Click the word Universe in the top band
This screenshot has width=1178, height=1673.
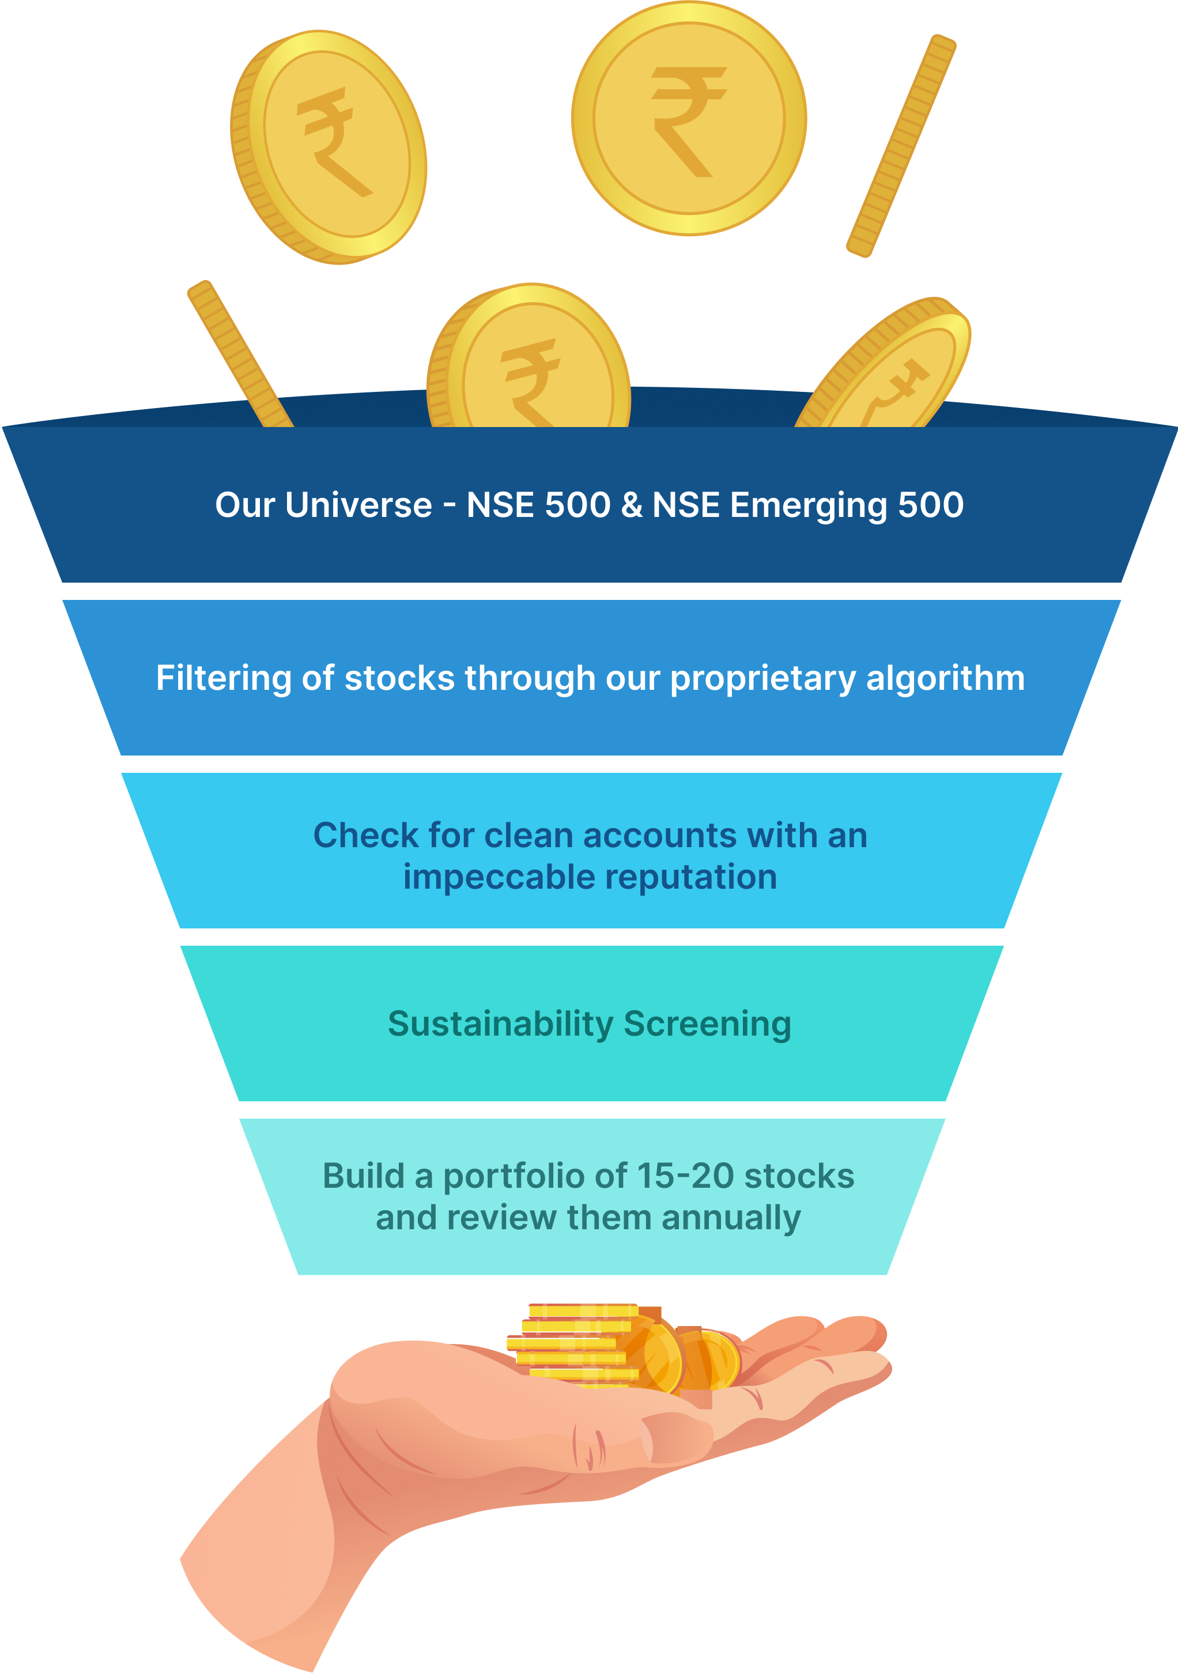[x=358, y=505]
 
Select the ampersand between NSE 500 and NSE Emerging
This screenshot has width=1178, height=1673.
[x=632, y=505]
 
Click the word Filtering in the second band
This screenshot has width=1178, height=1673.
[x=223, y=678]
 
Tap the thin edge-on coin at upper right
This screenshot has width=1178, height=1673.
[x=901, y=146]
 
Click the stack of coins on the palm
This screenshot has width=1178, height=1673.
[x=576, y=1345]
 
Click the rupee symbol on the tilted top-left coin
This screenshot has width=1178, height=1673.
[x=332, y=142]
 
